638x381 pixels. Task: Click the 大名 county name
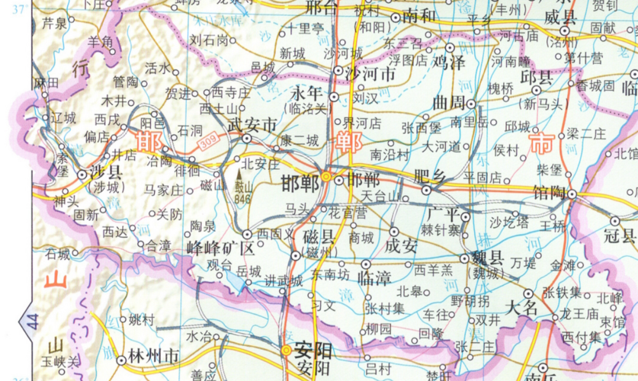522,309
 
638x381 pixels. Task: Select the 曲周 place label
447,102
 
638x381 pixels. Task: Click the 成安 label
401,246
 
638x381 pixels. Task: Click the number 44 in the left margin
31,320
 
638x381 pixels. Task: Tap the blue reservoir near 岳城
236,284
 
